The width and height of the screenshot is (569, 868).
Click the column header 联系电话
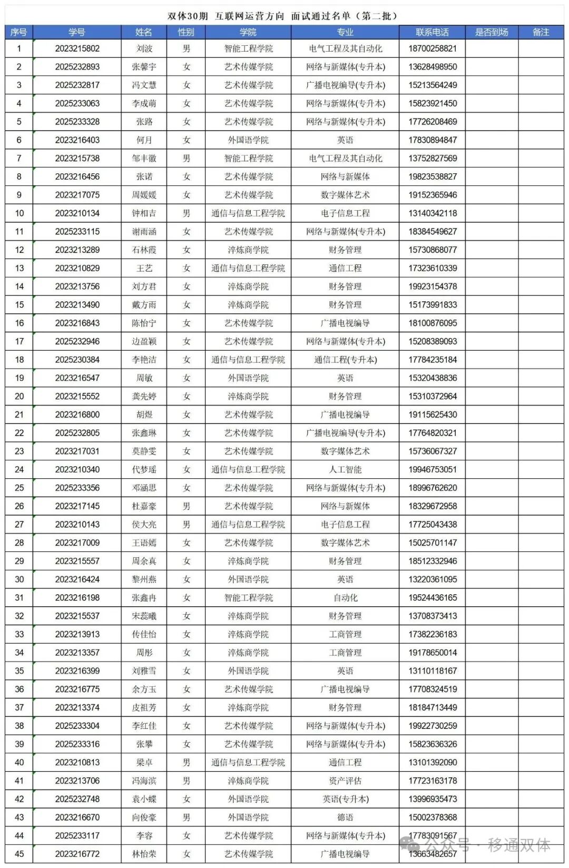click(432, 32)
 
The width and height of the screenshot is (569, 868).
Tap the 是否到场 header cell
click(492, 32)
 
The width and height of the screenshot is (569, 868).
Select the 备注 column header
click(541, 32)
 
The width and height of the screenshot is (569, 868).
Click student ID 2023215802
click(77, 48)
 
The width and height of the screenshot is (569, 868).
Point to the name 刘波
click(144, 48)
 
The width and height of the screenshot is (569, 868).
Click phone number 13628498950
click(433, 67)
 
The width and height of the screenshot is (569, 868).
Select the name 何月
click(144, 140)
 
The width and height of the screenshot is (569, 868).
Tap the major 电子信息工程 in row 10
click(345, 213)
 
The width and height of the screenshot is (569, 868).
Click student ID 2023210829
click(77, 268)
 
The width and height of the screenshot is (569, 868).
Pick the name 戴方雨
click(144, 305)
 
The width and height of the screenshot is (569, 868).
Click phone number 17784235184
click(433, 360)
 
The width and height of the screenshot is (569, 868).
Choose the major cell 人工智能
click(345, 469)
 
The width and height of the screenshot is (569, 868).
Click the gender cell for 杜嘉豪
click(186, 506)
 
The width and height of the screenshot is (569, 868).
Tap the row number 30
click(19, 579)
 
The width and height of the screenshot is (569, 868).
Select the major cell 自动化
click(345, 598)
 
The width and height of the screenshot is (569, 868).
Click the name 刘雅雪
click(144, 671)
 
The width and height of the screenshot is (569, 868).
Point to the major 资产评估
click(345, 781)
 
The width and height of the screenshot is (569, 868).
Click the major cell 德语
click(345, 817)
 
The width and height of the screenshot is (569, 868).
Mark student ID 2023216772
click(77, 854)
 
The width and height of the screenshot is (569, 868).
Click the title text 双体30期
click(188, 16)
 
